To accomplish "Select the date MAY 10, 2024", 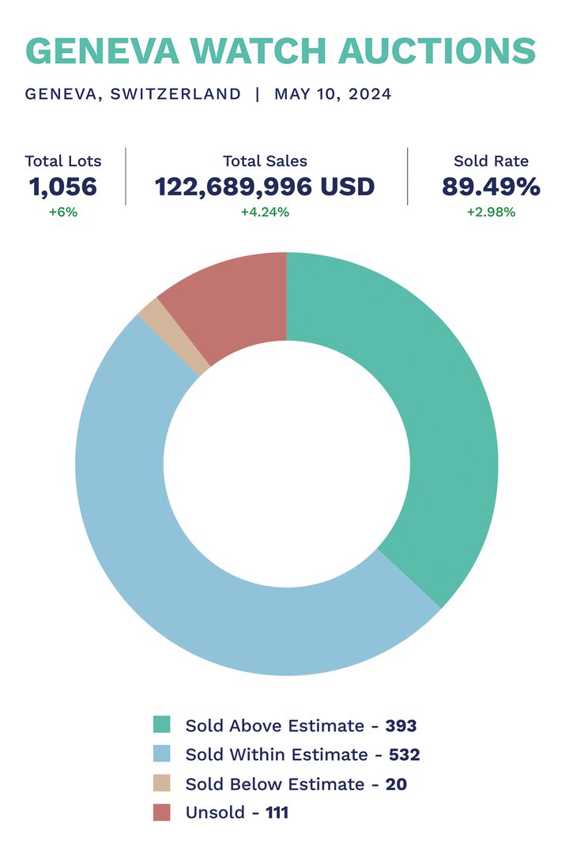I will click(x=333, y=94).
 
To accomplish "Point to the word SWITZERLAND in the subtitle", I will click(x=175, y=94).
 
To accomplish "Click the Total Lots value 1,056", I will click(x=63, y=187).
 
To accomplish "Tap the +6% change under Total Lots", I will click(x=63, y=212).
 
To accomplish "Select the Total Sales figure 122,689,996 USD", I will click(x=265, y=187).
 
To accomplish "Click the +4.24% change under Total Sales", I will click(x=265, y=212).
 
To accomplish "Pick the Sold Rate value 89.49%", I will click(x=491, y=187).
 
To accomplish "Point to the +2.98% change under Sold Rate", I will click(x=491, y=212).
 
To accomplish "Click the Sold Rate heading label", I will click(x=491, y=161).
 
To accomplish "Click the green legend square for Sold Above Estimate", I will click(x=162, y=725).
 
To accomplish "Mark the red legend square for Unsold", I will click(x=162, y=812).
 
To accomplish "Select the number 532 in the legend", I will click(x=404, y=754).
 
